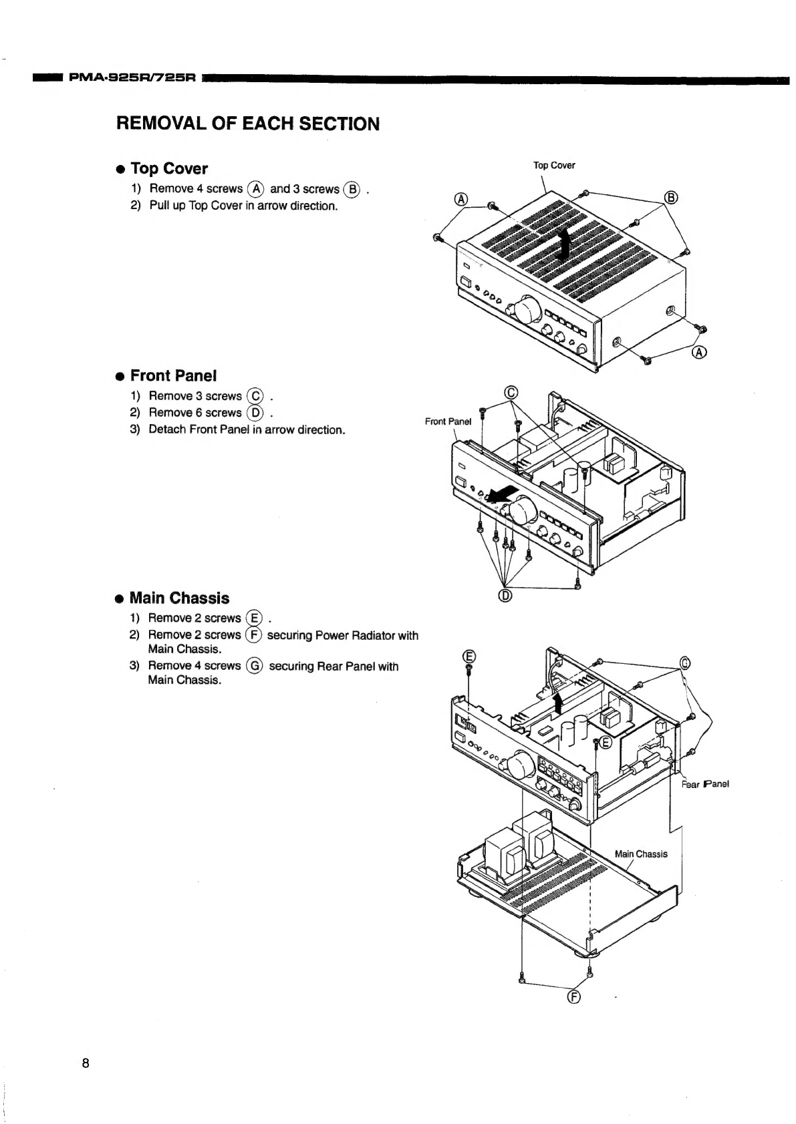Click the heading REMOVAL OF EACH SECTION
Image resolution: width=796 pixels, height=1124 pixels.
pos(248,124)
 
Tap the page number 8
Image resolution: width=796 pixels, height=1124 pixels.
pos(85,1063)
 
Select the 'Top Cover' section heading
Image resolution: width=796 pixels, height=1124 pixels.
pos(169,168)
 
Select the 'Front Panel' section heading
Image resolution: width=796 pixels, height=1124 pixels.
pos(173,375)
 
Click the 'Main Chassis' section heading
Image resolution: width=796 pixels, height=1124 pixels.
pos(179,598)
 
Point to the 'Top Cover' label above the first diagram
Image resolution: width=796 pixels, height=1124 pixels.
pos(554,165)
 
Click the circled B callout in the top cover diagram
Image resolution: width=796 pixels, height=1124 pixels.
pos(672,197)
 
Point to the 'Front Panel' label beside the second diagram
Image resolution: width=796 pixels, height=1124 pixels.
pos(448,421)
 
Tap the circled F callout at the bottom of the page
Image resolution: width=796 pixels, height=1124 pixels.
pos(573,998)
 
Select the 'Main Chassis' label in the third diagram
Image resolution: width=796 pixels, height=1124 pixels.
pos(640,854)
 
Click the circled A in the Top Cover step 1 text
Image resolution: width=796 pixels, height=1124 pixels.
pos(255,189)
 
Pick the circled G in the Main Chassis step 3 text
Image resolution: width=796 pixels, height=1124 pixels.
pos(255,666)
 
